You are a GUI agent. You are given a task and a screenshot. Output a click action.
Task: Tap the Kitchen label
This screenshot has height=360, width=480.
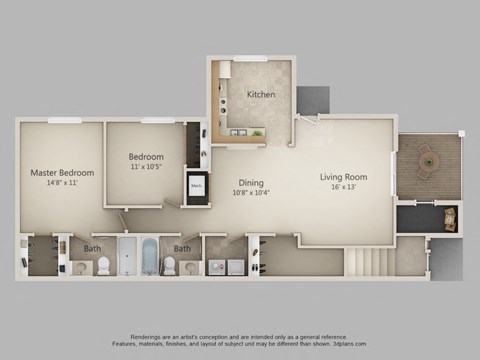261,95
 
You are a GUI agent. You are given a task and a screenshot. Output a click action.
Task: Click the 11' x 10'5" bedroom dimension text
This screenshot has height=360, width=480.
146,168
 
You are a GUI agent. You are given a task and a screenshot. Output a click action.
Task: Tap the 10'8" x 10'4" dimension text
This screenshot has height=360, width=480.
250,192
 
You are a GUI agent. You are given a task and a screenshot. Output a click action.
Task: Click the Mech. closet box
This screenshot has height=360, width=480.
196,186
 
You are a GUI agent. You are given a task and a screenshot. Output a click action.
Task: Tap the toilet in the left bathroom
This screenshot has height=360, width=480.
105,266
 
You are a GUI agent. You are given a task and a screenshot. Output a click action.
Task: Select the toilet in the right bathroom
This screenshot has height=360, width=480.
169,266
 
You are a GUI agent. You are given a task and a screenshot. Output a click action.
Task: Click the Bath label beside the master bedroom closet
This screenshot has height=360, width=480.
92,248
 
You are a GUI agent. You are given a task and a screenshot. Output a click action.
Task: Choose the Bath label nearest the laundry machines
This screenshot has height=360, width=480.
183,248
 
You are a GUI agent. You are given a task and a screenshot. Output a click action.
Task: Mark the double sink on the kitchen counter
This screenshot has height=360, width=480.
239,131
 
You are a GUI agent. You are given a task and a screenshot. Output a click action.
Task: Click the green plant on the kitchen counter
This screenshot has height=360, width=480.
257,130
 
